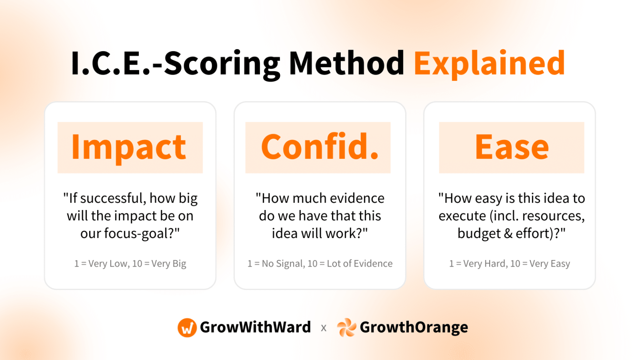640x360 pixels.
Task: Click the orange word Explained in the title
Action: pyautogui.click(x=489, y=63)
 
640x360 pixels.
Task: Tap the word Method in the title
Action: pyautogui.click(x=346, y=63)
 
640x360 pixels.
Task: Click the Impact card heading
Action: pyautogui.click(x=129, y=147)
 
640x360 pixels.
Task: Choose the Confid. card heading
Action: pyautogui.click(x=319, y=147)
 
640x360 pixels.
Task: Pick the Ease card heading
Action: pyautogui.click(x=512, y=147)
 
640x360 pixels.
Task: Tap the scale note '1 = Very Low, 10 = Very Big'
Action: pyautogui.click(x=130, y=264)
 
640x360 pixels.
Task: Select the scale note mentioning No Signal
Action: pyautogui.click(x=320, y=264)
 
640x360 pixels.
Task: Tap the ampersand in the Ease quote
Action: pyautogui.click(x=508, y=233)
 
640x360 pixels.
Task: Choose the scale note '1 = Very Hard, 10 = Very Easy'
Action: pyautogui.click(x=509, y=264)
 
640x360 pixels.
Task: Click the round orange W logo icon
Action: pyautogui.click(x=187, y=327)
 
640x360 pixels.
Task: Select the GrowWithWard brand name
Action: pyautogui.click(x=255, y=327)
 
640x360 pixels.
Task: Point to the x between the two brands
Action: pyautogui.click(x=324, y=328)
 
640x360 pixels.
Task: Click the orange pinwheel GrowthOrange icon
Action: pyautogui.click(x=346, y=327)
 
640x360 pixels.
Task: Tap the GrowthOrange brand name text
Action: pyautogui.click(x=413, y=327)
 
